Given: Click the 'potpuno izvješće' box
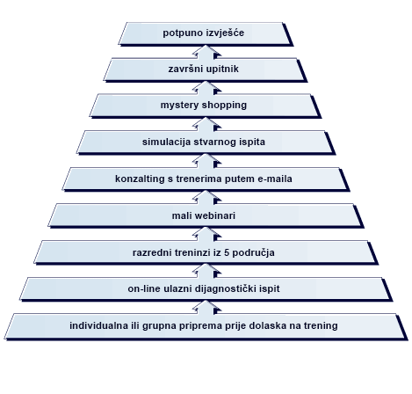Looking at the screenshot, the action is click(x=206, y=33).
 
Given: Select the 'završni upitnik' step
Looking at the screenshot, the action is click(x=206, y=69).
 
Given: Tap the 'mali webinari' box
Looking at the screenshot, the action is click(x=206, y=215).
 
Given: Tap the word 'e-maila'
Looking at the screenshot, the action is click(x=275, y=179).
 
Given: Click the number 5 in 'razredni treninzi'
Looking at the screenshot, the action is click(x=227, y=252).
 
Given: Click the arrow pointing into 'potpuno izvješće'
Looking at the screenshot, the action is click(x=206, y=52).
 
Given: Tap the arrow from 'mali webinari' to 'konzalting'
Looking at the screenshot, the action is click(x=206, y=198).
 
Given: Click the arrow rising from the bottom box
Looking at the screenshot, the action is click(x=206, y=307).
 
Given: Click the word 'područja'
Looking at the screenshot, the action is click(x=254, y=253).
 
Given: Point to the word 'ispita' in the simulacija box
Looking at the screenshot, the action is click(x=254, y=142).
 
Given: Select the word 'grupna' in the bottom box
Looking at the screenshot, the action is click(x=159, y=326).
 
